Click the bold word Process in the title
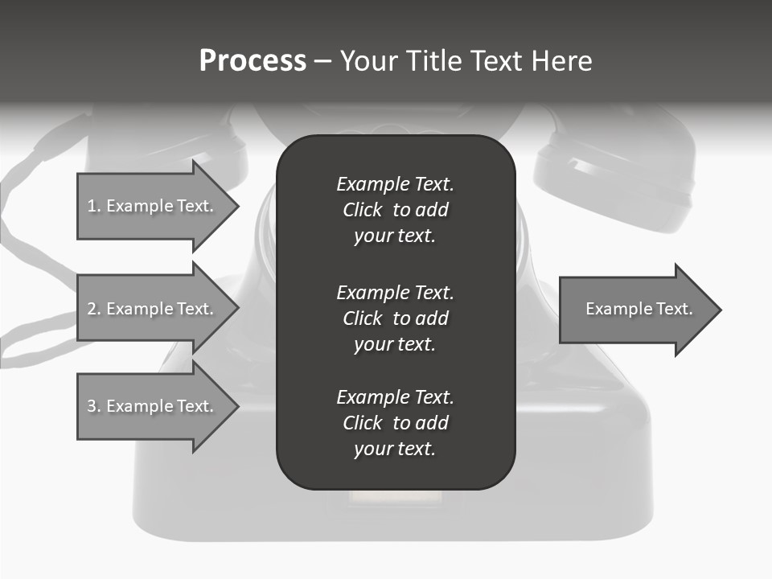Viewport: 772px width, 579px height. click(253, 61)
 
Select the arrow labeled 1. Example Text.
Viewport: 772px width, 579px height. click(150, 206)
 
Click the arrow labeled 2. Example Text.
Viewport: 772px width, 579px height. click(150, 309)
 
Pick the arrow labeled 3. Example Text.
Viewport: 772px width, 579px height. click(150, 406)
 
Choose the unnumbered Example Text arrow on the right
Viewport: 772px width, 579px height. click(639, 309)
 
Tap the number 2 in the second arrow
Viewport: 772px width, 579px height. click(92, 309)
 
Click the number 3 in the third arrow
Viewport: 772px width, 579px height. click(92, 406)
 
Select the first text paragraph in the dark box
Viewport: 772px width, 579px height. click(395, 210)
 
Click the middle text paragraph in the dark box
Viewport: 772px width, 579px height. click(395, 318)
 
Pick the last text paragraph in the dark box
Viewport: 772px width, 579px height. click(395, 423)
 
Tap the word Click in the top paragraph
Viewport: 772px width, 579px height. click(363, 210)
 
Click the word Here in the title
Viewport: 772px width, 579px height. click(562, 61)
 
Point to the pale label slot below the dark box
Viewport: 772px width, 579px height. click(395, 499)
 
